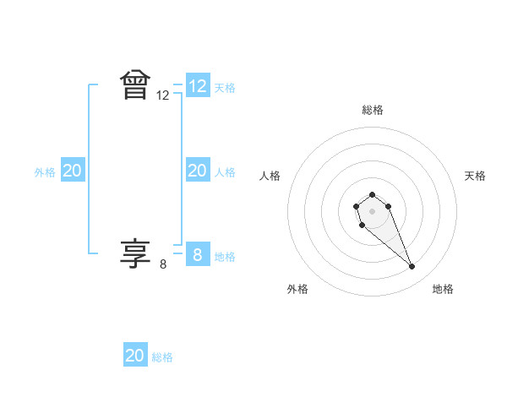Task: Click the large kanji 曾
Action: [135, 85]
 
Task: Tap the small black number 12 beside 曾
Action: [163, 96]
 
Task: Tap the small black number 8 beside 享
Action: [163, 264]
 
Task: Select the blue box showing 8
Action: [198, 254]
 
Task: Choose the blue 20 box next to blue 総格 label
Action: [135, 356]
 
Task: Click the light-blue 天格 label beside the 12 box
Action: [225, 87]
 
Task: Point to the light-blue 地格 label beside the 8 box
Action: [225, 256]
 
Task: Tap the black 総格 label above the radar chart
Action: [373, 110]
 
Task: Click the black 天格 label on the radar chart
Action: [476, 176]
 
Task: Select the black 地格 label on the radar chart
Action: [443, 289]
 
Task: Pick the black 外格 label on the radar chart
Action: [297, 289]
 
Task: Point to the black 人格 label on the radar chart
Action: [270, 176]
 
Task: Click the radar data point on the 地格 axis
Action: [412, 267]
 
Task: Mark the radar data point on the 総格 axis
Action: [373, 195]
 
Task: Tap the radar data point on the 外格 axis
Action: [362, 226]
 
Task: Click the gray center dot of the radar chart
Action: [373, 210]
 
